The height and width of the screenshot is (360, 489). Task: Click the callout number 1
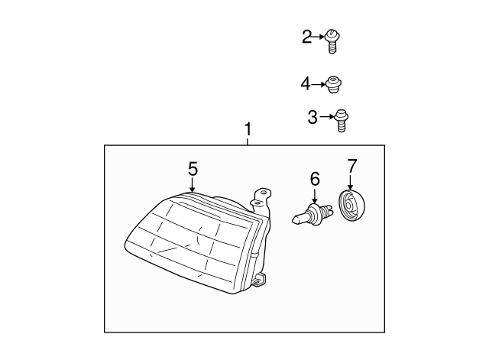point(248,130)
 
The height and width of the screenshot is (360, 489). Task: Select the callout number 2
point(307,36)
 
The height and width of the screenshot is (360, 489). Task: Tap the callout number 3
point(313,117)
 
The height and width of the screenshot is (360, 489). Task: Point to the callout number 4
point(306,83)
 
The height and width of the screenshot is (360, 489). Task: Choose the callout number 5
point(193,169)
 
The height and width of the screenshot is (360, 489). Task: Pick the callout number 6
point(314,179)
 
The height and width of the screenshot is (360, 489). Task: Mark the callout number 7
point(351,165)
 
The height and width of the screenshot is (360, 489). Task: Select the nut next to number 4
point(332,84)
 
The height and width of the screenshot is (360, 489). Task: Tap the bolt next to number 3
point(341,120)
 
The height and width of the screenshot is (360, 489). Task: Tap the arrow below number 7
point(351,182)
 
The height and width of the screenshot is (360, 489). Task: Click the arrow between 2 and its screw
point(320,36)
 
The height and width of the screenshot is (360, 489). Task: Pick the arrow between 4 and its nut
point(319,83)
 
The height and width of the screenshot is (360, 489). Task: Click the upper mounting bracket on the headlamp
point(262,198)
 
